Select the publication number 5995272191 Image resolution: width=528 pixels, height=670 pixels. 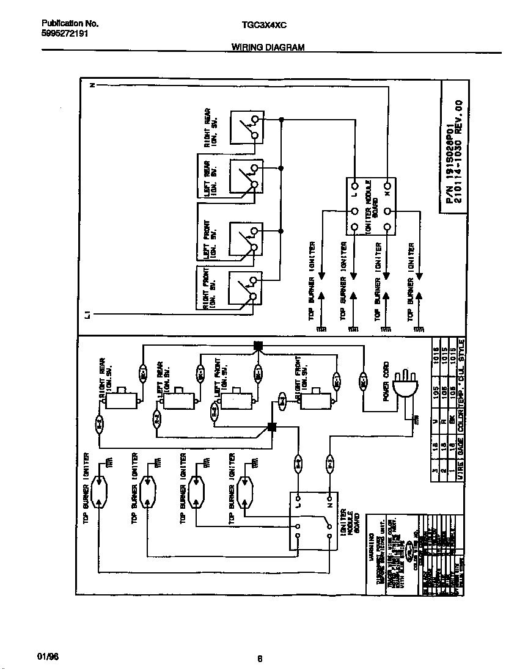pyautogui.click(x=65, y=34)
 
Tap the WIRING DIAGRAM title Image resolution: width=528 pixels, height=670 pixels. pyautogui.click(x=268, y=47)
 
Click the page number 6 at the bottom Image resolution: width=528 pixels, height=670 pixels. pyautogui.click(x=260, y=658)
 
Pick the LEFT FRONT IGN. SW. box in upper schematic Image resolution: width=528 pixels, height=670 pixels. pyautogui.click(x=246, y=239)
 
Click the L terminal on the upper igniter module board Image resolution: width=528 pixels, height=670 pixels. pyautogui.click(x=354, y=185)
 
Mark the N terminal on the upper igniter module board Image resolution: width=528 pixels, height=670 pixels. pyautogui.click(x=387, y=185)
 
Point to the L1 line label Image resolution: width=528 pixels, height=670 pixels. pyautogui.click(x=89, y=315)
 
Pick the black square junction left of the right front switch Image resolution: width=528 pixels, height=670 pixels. pyautogui.click(x=273, y=428)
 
